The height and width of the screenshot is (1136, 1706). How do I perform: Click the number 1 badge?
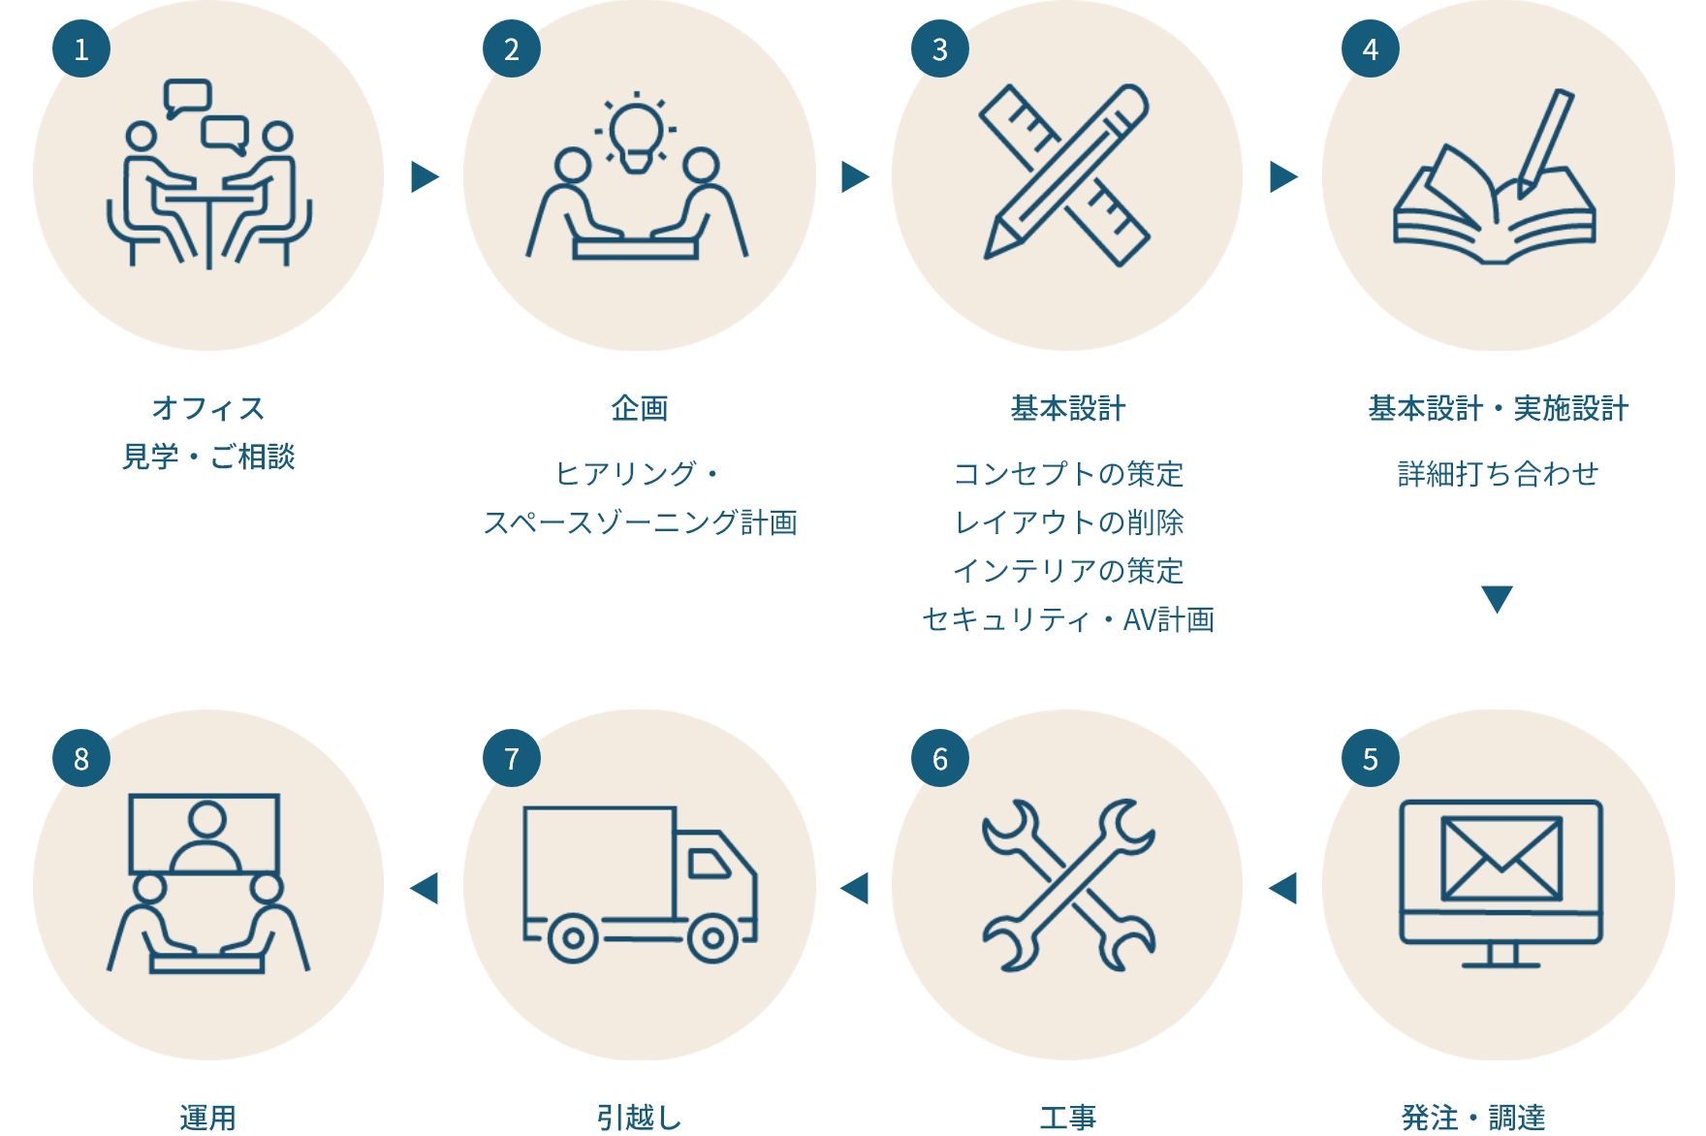(81, 48)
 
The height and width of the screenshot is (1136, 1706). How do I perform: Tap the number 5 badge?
(1371, 758)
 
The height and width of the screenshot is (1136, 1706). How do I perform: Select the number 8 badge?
(81, 758)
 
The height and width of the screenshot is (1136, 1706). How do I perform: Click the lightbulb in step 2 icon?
(636, 136)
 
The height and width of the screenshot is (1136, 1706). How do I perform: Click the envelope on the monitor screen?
(1501, 858)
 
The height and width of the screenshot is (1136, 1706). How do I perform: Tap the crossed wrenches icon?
(1068, 884)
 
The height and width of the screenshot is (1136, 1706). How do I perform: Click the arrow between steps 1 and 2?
(425, 176)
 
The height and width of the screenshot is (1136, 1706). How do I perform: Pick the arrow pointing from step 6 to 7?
(854, 887)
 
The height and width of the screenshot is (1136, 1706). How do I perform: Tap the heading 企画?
(640, 408)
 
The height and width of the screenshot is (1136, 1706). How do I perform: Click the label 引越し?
(640, 1118)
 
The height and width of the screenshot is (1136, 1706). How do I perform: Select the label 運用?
(207, 1118)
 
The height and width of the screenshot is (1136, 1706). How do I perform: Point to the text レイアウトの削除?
(1068, 522)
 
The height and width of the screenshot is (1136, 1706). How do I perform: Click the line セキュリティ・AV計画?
(1068, 619)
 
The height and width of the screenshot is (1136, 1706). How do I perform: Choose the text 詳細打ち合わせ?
(1498, 474)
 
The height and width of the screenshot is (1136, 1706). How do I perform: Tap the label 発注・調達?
(1473, 1118)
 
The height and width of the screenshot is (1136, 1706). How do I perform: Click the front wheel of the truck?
(712, 938)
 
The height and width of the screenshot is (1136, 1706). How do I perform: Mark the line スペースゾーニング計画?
(640, 522)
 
